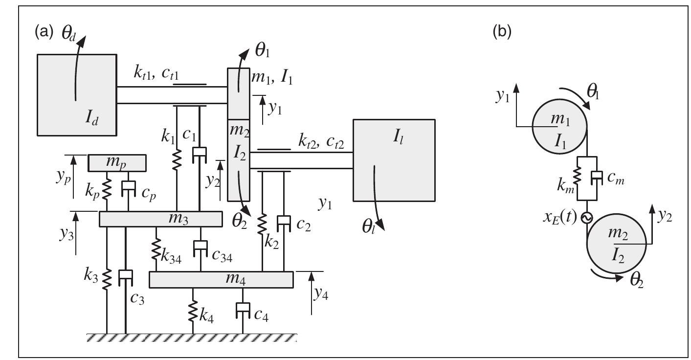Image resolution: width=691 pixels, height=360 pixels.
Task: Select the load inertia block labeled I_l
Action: tap(394, 160)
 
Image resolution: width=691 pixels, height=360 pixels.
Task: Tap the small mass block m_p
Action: tap(117, 163)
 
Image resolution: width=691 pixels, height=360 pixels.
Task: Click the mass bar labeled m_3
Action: tap(161, 219)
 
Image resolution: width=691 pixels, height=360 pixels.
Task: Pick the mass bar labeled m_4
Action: tap(221, 279)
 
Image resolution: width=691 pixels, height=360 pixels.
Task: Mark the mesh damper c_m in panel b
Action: tap(594, 178)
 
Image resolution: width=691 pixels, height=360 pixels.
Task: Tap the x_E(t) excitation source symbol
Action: tap(585, 217)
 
